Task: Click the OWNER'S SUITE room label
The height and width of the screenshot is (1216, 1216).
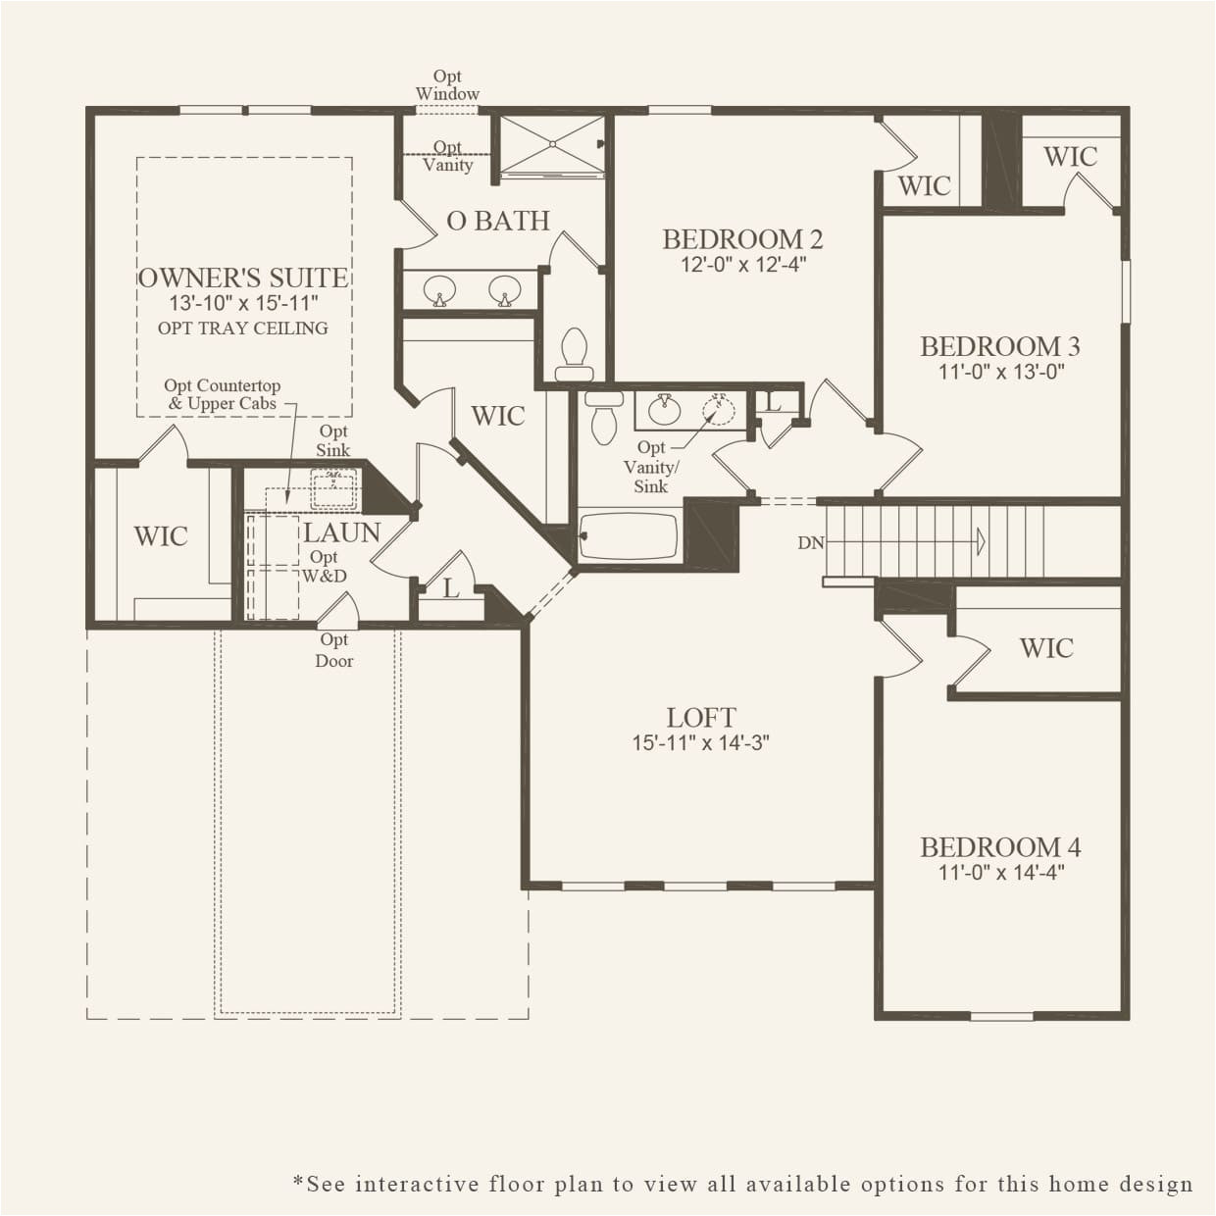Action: tap(243, 278)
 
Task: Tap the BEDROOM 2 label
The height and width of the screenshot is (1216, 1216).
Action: tap(742, 238)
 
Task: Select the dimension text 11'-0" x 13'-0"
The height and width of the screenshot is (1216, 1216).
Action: tap(1000, 372)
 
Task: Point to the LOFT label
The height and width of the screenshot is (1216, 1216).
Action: tap(700, 718)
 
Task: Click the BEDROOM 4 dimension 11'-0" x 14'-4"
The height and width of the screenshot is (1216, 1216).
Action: tap(1000, 872)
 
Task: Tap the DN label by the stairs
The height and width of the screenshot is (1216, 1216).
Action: tap(810, 542)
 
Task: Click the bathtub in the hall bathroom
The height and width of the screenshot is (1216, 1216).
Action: tap(629, 535)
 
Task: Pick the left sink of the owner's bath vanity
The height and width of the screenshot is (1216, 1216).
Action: tap(439, 290)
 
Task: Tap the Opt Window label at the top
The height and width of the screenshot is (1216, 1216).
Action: tap(447, 85)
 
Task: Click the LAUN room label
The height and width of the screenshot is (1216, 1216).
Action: tap(341, 532)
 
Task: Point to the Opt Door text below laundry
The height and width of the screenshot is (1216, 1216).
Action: tap(334, 650)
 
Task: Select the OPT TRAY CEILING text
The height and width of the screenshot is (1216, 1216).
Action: tap(243, 329)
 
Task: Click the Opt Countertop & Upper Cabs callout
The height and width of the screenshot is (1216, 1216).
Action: tap(223, 394)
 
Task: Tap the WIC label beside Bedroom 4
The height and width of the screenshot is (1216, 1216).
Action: tap(1046, 647)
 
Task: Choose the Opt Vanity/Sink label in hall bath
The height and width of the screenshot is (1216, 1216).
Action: tap(651, 467)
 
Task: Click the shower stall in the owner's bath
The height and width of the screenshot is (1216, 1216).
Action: tap(550, 145)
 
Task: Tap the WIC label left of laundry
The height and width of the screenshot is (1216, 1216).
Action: tap(161, 535)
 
